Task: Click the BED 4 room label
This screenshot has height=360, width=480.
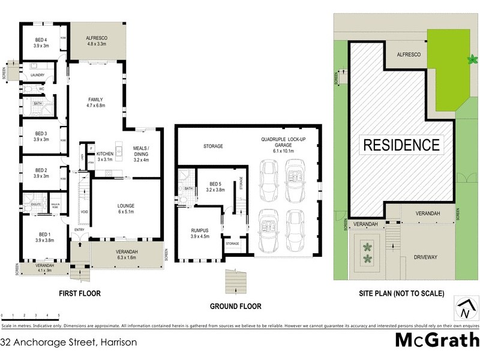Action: click(41, 40)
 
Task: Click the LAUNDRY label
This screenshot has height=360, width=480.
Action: click(38, 75)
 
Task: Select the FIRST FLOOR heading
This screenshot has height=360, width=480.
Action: click(80, 294)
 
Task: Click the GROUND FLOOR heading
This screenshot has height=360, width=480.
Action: click(235, 306)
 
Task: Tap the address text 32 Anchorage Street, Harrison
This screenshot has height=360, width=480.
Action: click(69, 342)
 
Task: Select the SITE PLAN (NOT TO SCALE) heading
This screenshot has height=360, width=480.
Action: click(401, 294)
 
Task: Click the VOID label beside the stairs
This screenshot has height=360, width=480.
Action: click(85, 211)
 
